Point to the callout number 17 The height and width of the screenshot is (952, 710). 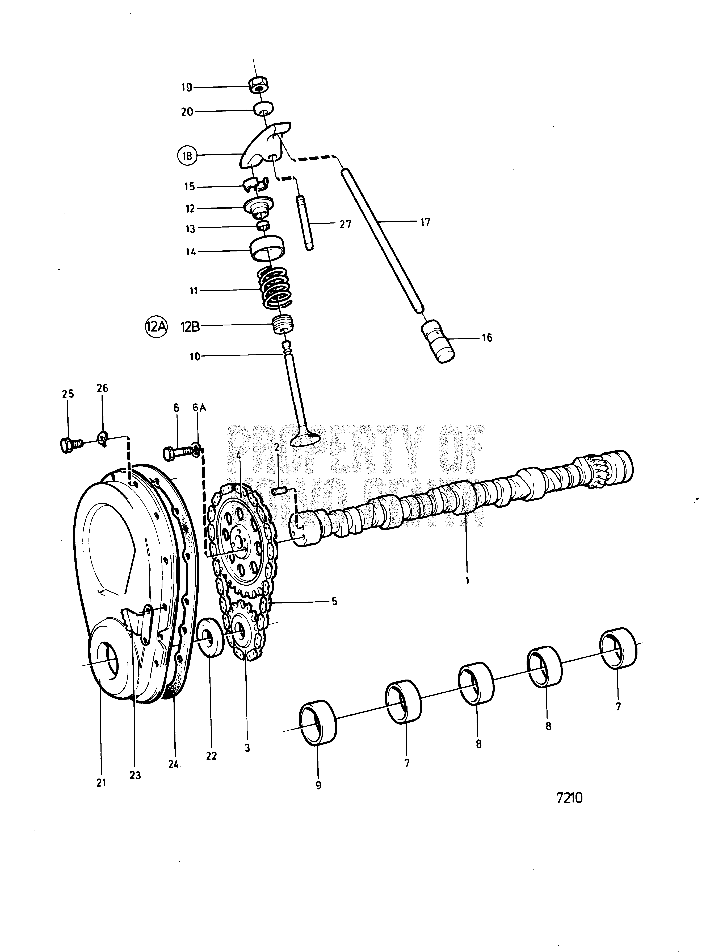(x=425, y=222)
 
